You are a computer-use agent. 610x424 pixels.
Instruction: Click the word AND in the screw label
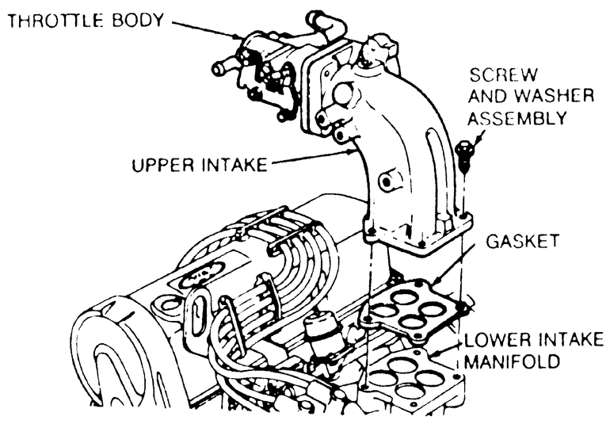pyautogui.click(x=485, y=97)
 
